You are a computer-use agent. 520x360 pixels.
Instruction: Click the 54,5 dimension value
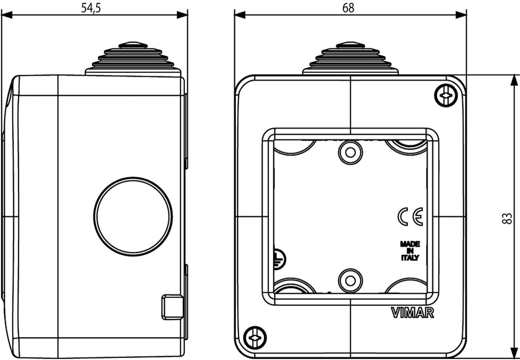(91, 8)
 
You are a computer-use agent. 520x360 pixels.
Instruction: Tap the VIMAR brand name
(413, 313)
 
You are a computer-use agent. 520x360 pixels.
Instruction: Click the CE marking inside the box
(410, 216)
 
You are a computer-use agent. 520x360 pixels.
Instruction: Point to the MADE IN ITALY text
(410, 251)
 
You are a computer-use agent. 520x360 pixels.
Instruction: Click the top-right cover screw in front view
(446, 95)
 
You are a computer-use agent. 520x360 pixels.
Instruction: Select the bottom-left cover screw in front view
(255, 338)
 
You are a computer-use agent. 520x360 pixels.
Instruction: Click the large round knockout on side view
(133, 216)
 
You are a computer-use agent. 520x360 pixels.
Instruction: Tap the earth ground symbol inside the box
(279, 258)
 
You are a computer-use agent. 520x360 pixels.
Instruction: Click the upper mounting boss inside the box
(350, 152)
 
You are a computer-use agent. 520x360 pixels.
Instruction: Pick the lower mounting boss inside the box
(350, 280)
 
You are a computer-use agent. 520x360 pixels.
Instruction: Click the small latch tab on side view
(172, 307)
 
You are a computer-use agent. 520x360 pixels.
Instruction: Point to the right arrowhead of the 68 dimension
(461, 15)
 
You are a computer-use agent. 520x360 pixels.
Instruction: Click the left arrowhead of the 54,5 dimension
(7, 15)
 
